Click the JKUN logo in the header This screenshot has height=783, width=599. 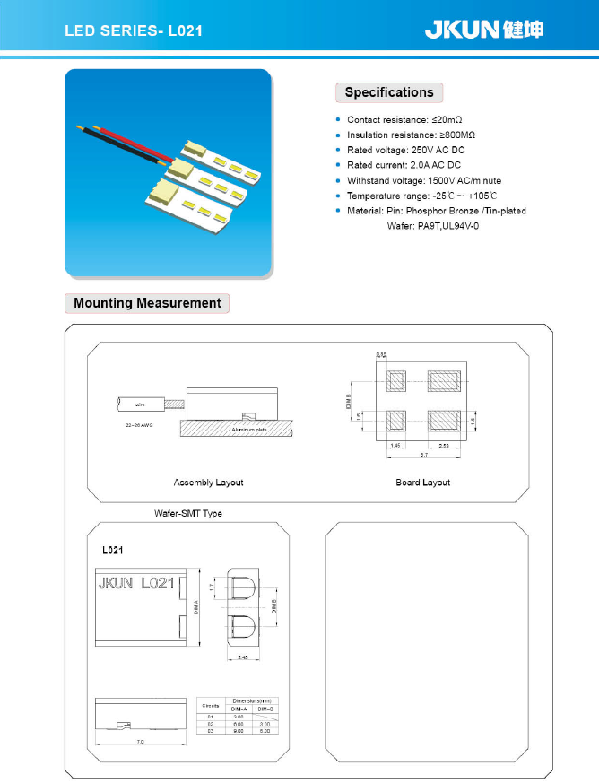tap(483, 30)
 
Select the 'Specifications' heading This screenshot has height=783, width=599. tap(388, 92)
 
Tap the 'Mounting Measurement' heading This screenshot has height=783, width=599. tap(147, 303)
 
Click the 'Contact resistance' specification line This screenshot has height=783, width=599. tap(404, 119)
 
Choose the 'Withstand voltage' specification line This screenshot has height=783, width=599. tap(424, 180)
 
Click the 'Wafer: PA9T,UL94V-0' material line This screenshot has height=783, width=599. tap(433, 226)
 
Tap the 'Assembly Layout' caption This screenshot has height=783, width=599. tap(208, 483)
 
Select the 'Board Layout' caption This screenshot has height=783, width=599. tap(422, 483)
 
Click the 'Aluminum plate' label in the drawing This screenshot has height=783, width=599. tap(248, 430)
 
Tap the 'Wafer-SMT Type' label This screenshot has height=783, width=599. tap(188, 513)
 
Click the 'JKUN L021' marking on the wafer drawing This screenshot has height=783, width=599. tap(134, 583)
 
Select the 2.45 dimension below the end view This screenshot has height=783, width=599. tap(243, 657)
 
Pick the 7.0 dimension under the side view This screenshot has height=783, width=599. tap(140, 742)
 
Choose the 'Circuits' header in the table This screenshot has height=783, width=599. tap(211, 707)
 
